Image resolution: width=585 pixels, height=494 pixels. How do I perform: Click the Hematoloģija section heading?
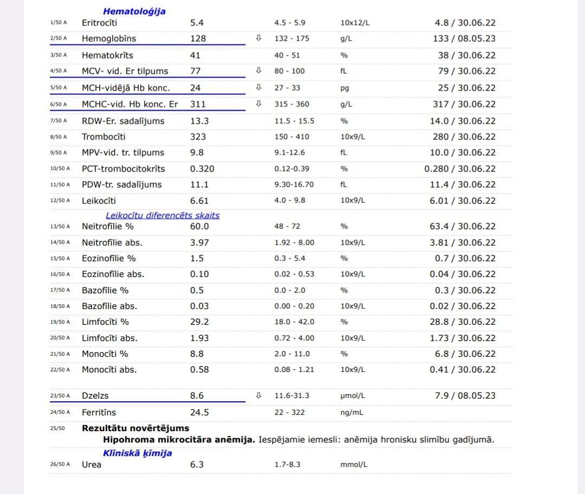tap(134, 11)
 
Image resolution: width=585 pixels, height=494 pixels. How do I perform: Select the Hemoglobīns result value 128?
tap(199, 39)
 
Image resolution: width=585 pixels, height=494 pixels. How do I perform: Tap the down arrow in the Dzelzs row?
tap(258, 396)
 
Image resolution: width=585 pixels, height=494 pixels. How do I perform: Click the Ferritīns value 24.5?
tap(199, 413)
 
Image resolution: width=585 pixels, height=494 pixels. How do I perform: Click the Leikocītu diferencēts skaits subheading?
tap(162, 215)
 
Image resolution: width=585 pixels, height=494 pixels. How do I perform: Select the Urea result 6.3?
tap(197, 465)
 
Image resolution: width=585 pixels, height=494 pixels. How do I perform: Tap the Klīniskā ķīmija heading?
tap(138, 453)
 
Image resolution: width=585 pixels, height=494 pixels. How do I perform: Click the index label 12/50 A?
tap(60, 201)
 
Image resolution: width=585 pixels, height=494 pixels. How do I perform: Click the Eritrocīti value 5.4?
tap(197, 23)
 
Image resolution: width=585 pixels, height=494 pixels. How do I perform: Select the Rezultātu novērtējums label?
tap(135, 428)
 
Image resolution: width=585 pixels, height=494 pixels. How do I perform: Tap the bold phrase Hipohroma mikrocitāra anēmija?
tap(179, 439)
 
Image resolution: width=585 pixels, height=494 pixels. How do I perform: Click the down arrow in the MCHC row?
tap(258, 104)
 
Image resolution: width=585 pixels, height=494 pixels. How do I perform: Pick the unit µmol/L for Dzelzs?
tap(353, 396)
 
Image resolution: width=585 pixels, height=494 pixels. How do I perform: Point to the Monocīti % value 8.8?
tap(197, 354)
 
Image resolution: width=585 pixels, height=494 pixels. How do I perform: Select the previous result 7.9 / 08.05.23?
tap(465, 396)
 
